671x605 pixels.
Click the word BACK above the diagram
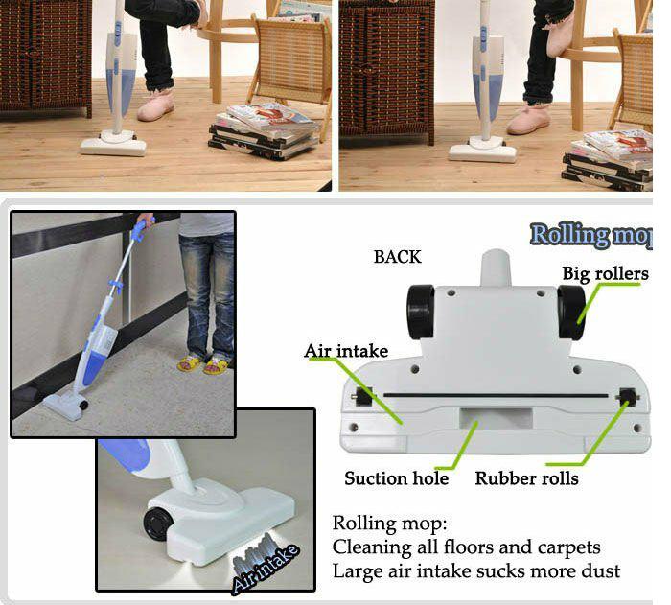tap(398, 257)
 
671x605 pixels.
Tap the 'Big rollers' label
tap(605, 273)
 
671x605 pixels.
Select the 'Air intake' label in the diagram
tap(346, 351)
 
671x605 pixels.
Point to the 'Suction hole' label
tap(396, 478)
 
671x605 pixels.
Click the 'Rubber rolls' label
tap(526, 478)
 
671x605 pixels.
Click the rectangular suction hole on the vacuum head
tap(496, 417)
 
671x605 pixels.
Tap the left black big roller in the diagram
tap(420, 313)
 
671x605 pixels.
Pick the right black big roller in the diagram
tap(571, 313)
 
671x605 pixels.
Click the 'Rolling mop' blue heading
tap(591, 235)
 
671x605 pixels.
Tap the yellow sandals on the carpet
tap(203, 364)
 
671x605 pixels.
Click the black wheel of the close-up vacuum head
tap(157, 523)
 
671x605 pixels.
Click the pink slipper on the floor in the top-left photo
tap(156, 105)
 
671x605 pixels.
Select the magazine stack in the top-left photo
tap(265, 130)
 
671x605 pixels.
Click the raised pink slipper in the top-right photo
tap(562, 35)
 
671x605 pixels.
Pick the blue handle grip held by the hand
tap(140, 229)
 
